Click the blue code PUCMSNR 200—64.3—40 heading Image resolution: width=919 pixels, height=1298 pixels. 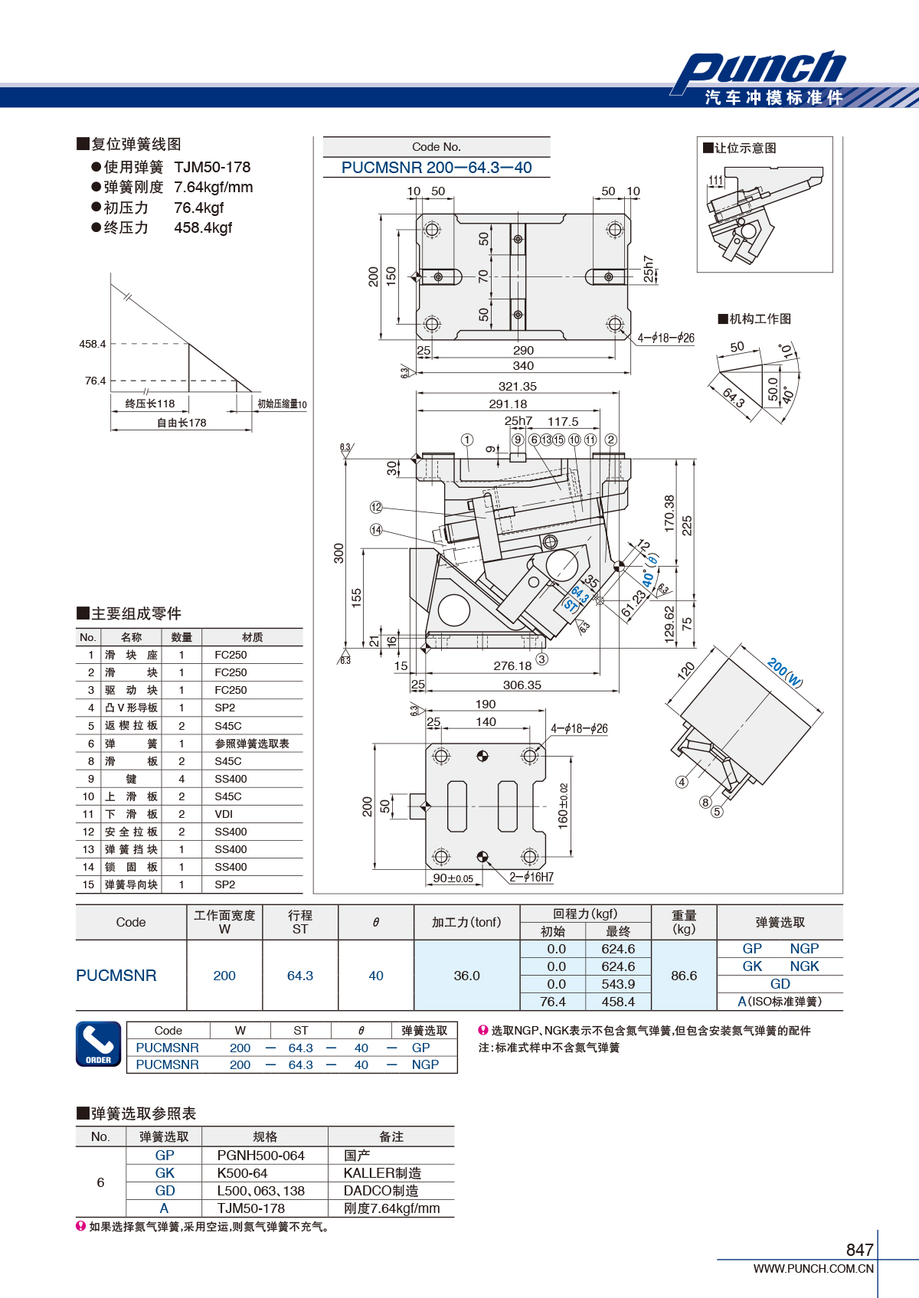pos(437,168)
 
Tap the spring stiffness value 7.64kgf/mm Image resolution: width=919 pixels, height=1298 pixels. pos(213,187)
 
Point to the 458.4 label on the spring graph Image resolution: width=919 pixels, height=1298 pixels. pos(93,344)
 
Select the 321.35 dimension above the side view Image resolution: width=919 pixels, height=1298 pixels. pos(518,386)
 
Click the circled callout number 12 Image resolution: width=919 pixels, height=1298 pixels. pos(376,507)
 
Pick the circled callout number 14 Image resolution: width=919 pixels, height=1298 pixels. pos(376,530)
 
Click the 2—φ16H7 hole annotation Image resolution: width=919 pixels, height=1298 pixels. pos(531,878)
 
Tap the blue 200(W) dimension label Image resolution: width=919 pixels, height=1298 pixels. pos(785,672)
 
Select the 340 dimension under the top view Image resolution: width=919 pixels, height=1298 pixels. pos(523,365)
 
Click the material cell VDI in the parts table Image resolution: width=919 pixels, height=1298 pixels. pos(224,814)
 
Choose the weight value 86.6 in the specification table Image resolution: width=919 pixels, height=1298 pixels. pos(684,976)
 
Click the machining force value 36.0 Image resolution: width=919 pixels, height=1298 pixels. pos(466,976)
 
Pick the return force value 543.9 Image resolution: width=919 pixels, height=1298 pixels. pos(618,984)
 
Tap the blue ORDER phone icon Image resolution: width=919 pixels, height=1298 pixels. pos(99,1044)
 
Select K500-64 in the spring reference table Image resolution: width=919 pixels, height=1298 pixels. pos(242,1173)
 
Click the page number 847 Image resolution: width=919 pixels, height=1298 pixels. pos(860,1250)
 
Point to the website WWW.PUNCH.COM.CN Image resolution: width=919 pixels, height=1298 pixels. pos(813,1268)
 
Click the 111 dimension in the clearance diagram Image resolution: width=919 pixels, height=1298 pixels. pos(716,181)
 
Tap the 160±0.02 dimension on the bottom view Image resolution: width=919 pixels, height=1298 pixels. pos(563,806)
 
